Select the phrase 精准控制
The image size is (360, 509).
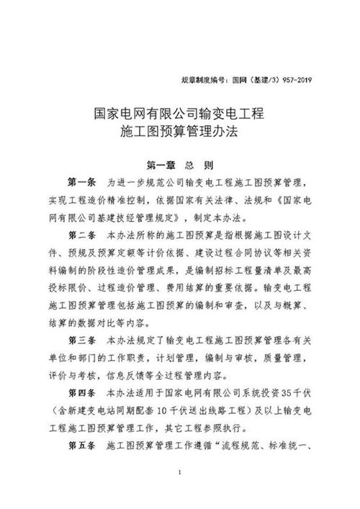click(128, 198)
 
